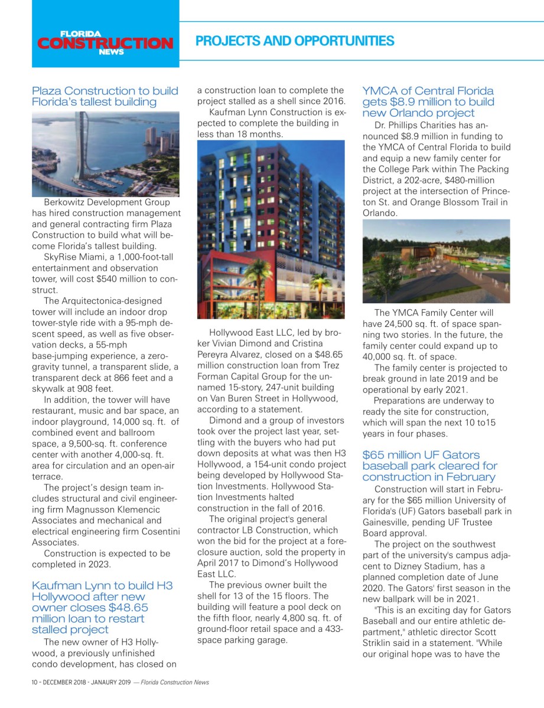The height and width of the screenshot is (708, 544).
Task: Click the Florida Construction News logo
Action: pos(105,42)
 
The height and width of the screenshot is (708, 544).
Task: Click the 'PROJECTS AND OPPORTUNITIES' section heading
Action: pos(294,41)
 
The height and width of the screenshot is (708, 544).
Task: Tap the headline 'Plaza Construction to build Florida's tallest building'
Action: pos(105,96)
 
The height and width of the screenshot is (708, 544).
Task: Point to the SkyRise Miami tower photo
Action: pos(105,154)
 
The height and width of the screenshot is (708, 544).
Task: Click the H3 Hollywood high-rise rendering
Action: pos(271,229)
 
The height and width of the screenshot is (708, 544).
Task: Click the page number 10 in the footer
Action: pos(35,682)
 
